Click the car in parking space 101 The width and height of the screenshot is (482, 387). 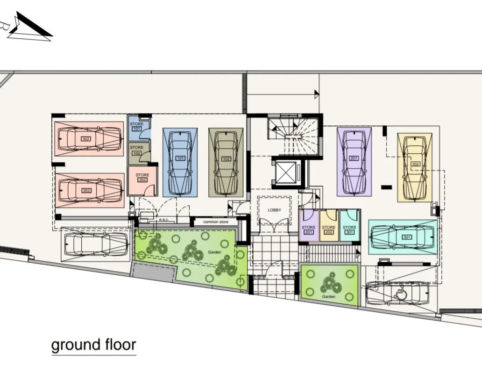tap(180, 162)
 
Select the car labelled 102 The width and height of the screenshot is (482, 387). tap(226, 162)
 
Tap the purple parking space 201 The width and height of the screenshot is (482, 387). tap(354, 162)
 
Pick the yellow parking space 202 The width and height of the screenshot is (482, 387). tap(415, 167)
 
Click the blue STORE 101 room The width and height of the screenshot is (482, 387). tap(138, 128)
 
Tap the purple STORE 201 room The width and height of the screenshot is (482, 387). tap(308, 227)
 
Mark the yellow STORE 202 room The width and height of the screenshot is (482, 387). tap(329, 227)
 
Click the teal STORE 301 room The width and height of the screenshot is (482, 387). tap(349, 227)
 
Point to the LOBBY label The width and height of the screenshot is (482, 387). tap(275, 210)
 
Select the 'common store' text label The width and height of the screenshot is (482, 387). tap(215, 222)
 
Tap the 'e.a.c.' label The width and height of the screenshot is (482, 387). tap(163, 219)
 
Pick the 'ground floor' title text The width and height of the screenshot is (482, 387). tap(93, 345)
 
